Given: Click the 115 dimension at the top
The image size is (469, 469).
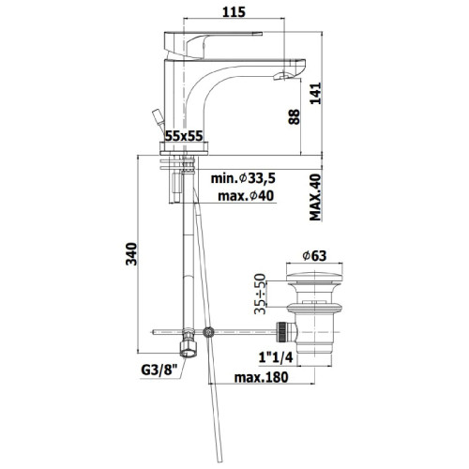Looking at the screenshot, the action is tap(234, 12).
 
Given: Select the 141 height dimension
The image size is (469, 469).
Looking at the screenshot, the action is tap(315, 93).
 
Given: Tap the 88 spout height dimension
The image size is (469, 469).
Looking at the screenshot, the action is tap(294, 117).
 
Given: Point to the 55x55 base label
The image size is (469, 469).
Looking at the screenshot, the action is tap(184, 136).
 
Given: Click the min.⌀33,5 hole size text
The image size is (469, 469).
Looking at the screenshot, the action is tap(243, 178).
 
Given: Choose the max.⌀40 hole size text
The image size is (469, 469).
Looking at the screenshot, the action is tap(246, 196).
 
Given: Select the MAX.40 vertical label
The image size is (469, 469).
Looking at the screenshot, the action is tap(315, 197).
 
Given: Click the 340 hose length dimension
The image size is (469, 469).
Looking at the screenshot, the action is tap(131, 254).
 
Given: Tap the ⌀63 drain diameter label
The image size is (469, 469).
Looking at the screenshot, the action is tap(314, 256).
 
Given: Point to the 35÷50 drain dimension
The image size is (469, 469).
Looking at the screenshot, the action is tap(260, 294).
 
